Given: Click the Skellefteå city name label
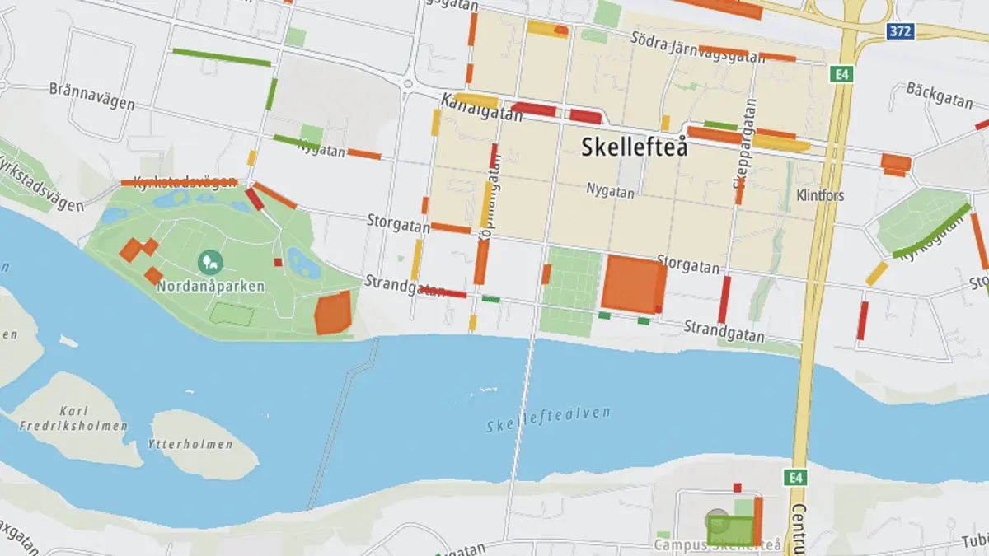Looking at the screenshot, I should pyautogui.click(x=634, y=147).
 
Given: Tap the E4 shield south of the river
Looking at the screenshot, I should pyautogui.click(x=794, y=478).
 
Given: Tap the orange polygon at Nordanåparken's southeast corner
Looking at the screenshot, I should pyautogui.click(x=333, y=314).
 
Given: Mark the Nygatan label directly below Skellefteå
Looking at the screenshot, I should pyautogui.click(x=610, y=192).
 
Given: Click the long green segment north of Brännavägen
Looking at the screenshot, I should pyautogui.click(x=221, y=58).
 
